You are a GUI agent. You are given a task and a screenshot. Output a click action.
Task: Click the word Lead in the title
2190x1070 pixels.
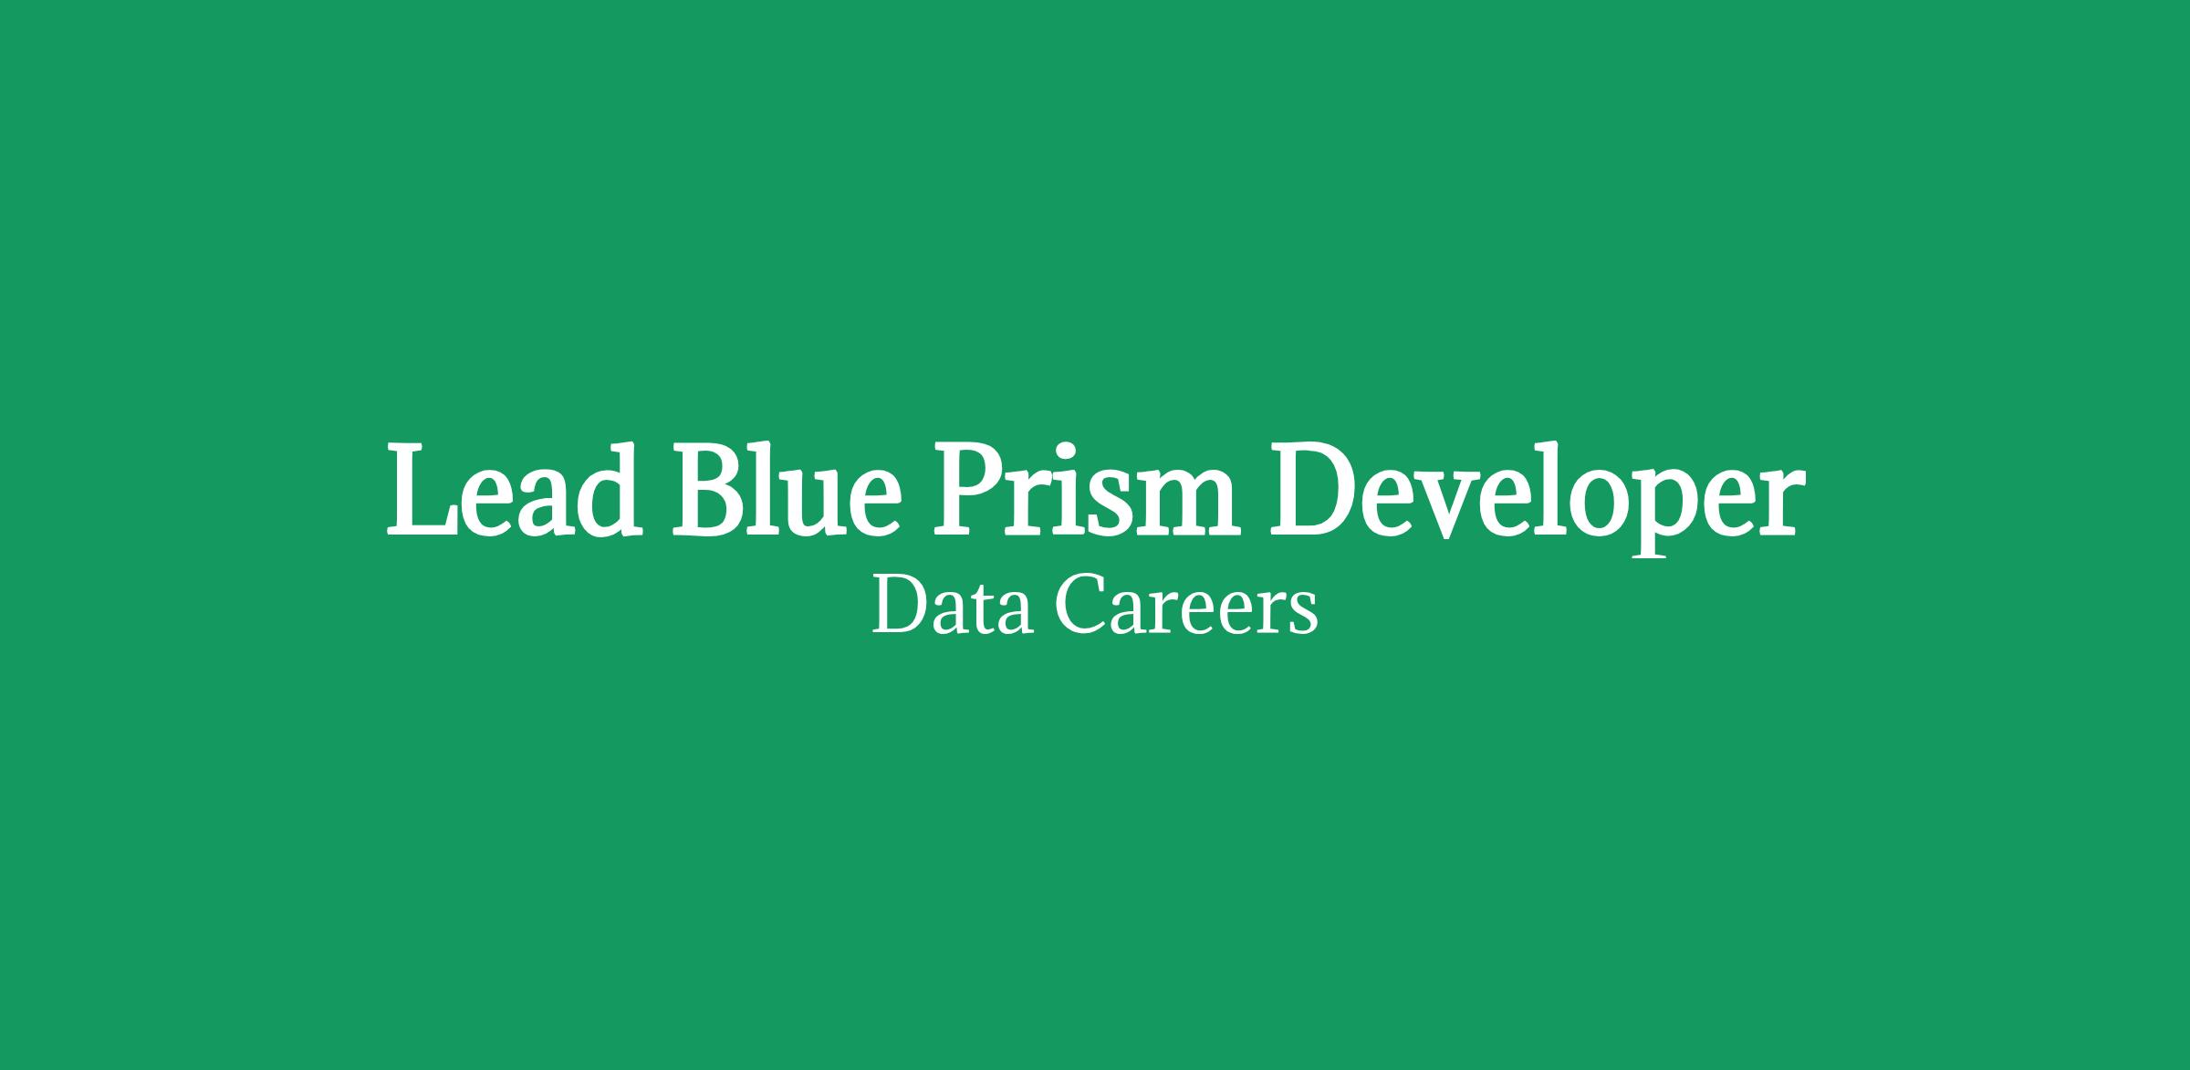pos(512,489)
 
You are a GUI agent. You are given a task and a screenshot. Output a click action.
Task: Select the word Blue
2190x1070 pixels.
pos(787,489)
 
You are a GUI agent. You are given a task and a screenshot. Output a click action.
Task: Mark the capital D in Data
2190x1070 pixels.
pos(901,605)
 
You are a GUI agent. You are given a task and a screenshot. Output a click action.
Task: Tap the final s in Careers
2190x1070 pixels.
pos(1304,614)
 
